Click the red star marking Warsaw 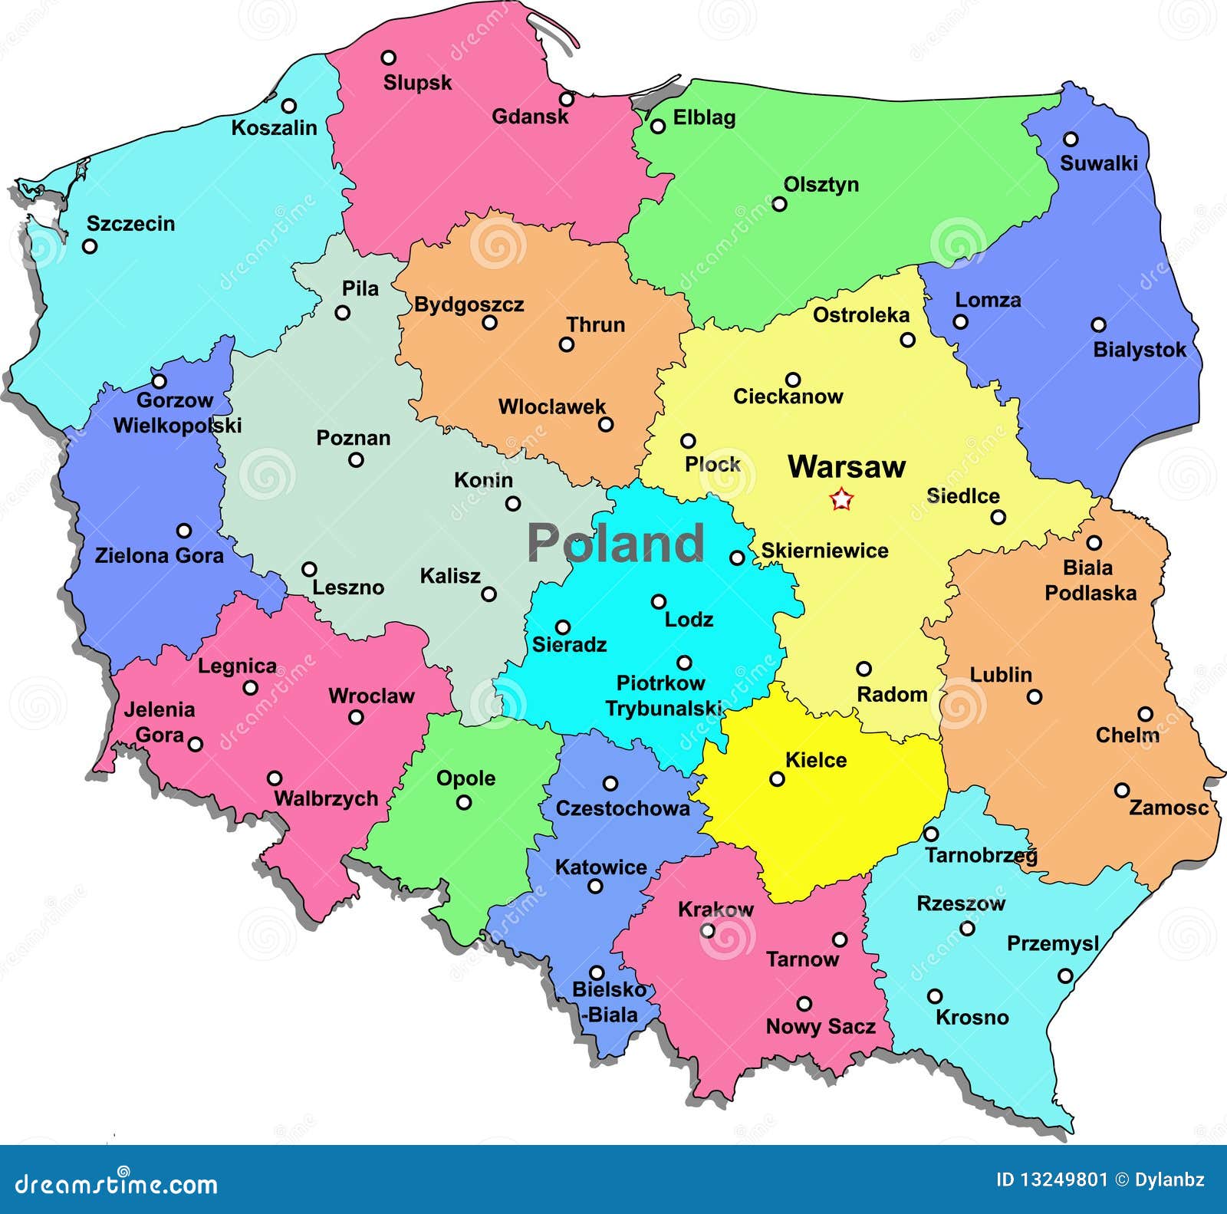pyautogui.click(x=841, y=500)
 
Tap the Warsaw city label pyautogui.click(x=847, y=466)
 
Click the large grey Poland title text pyautogui.click(x=615, y=542)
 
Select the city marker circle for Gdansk pyautogui.click(x=566, y=99)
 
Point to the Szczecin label pyautogui.click(x=130, y=223)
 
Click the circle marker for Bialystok pyautogui.click(x=1098, y=325)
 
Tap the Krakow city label pyautogui.click(x=715, y=910)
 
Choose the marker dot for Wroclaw pyautogui.click(x=356, y=717)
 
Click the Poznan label pyautogui.click(x=354, y=438)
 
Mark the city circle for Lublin pyautogui.click(x=1034, y=697)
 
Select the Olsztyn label pyautogui.click(x=821, y=185)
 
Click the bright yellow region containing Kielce pyautogui.click(x=828, y=821)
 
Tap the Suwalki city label pyautogui.click(x=1098, y=163)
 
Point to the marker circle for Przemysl pyautogui.click(x=1064, y=975)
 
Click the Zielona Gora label pyautogui.click(x=160, y=555)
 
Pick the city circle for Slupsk pyautogui.click(x=389, y=58)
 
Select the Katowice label pyautogui.click(x=600, y=867)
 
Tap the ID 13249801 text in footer pyautogui.click(x=1051, y=1180)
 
